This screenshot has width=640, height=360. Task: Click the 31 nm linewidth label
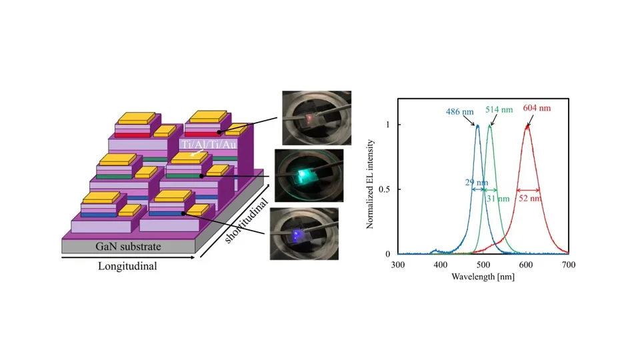click(x=498, y=199)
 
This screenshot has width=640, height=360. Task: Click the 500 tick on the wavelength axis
click(x=483, y=265)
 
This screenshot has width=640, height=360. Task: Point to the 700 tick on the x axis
click(x=569, y=265)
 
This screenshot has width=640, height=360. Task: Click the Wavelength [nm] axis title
click(x=483, y=276)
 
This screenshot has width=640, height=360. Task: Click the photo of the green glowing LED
click(x=307, y=174)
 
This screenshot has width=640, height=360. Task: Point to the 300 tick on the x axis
click(x=398, y=265)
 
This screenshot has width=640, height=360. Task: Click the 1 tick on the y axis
click(x=389, y=125)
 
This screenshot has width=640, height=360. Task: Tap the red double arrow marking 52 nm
click(x=527, y=190)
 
